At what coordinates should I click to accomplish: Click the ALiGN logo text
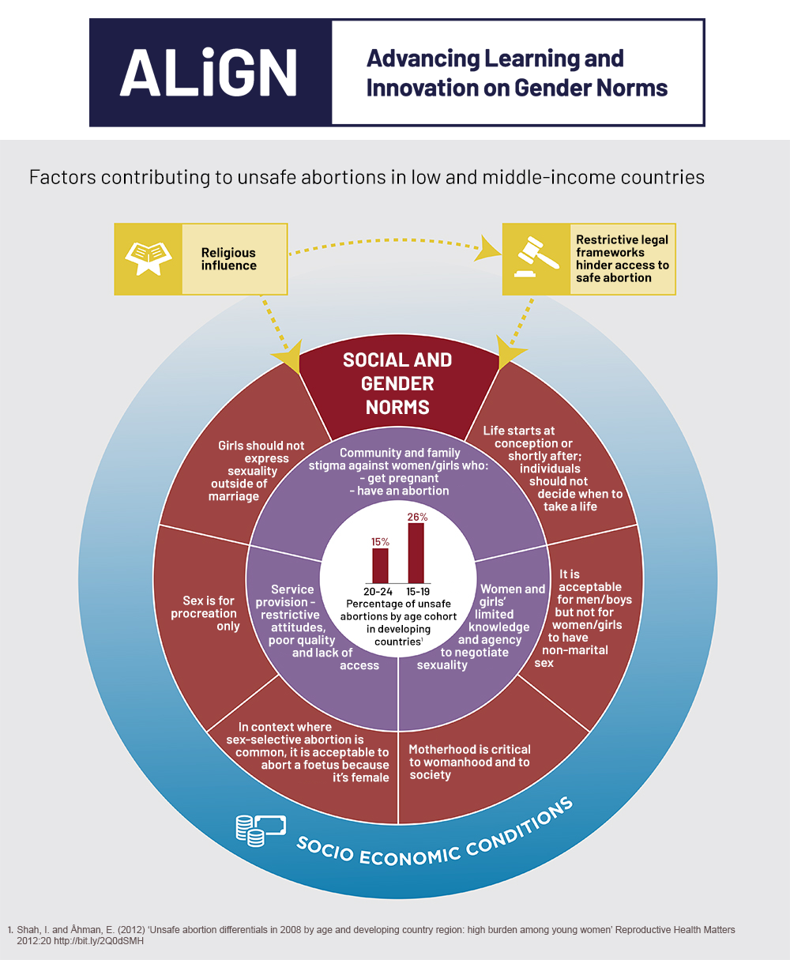point(209,73)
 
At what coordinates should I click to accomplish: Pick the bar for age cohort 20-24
point(380,566)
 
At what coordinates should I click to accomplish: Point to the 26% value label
point(417,517)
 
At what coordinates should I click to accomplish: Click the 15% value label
point(380,542)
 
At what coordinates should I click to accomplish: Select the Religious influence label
point(228,259)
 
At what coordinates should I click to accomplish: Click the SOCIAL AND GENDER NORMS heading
point(397,384)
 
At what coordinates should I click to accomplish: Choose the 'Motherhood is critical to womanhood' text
point(469,762)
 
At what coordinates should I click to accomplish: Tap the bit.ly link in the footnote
point(106,941)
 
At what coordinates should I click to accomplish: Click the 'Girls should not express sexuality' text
point(258,471)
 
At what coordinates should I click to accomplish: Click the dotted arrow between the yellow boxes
point(387,239)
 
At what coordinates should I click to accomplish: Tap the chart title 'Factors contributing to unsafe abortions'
point(367,177)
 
